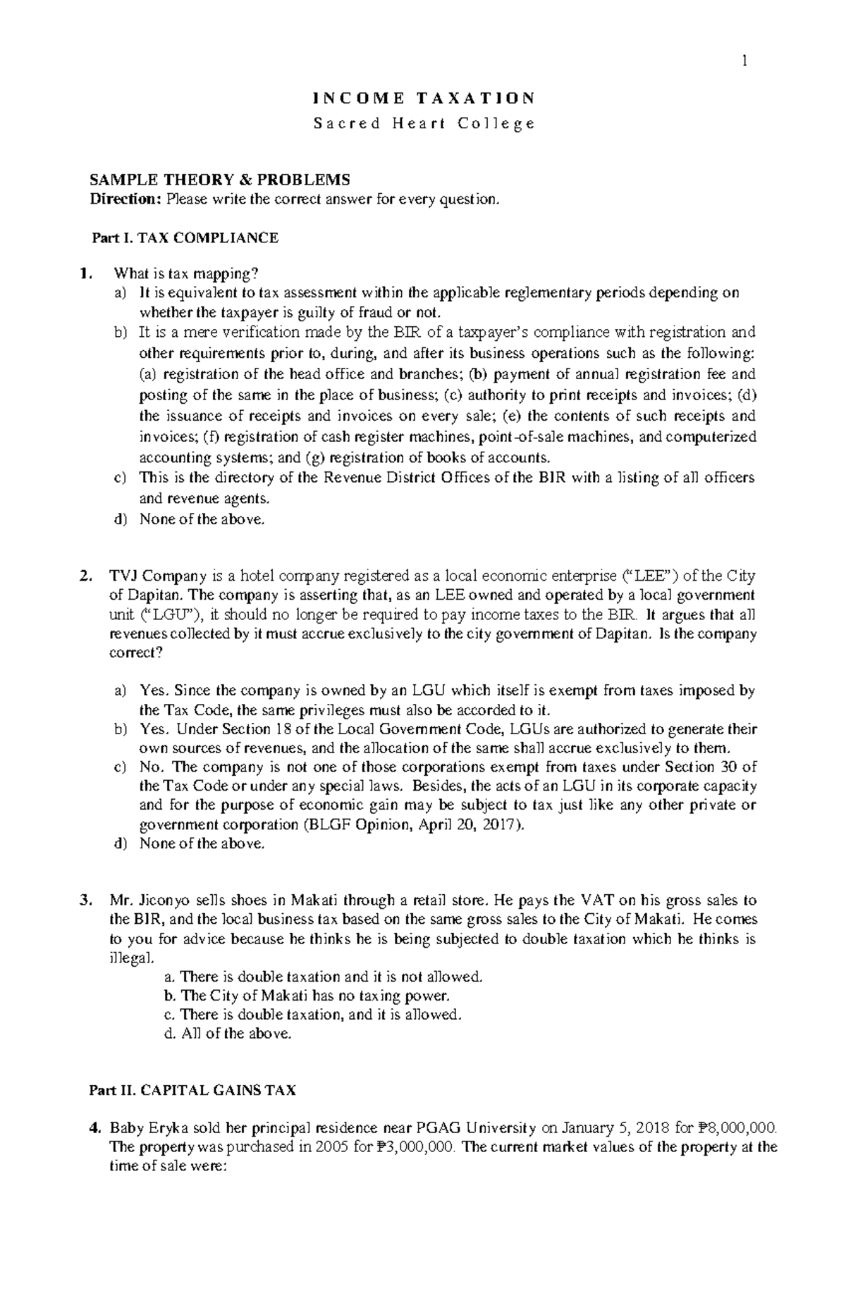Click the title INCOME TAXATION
tap(424, 98)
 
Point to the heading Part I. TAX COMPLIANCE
tap(185, 238)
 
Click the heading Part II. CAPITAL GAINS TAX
tap(192, 1091)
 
